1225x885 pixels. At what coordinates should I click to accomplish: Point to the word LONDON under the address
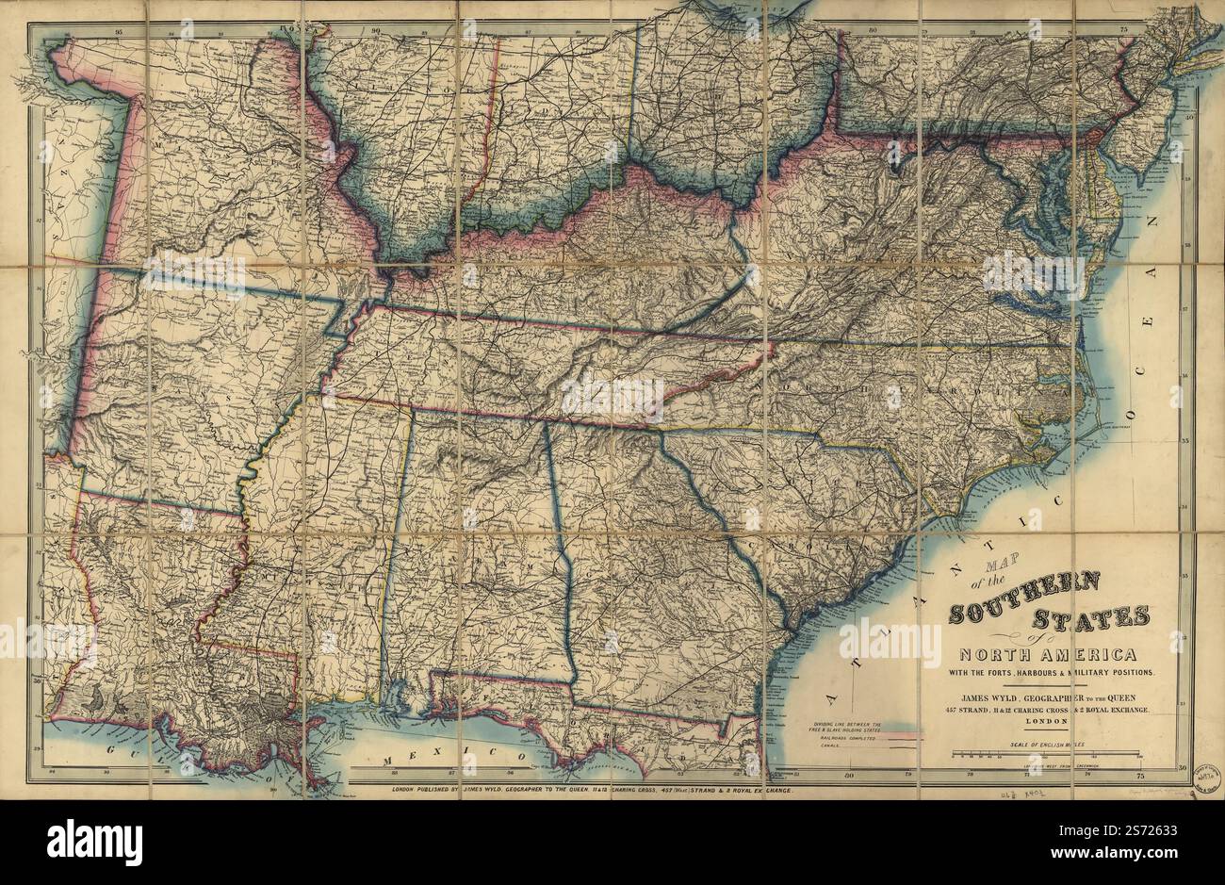coord(1046,721)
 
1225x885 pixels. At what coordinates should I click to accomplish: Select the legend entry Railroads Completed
coord(843,740)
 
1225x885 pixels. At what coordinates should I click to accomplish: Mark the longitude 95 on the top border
coord(118,32)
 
